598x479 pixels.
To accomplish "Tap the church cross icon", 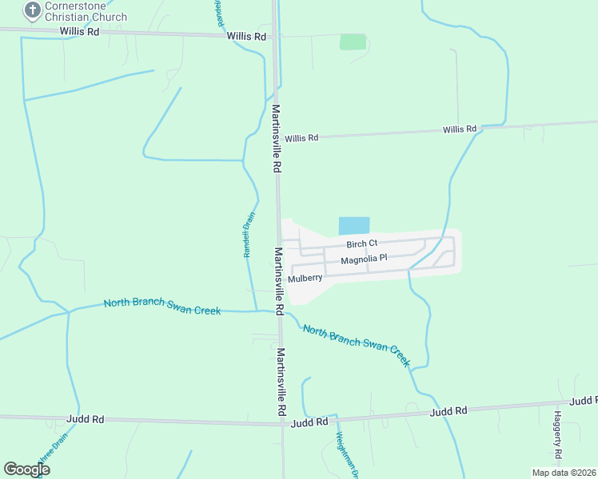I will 32,10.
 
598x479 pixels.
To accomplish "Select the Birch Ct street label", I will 361,243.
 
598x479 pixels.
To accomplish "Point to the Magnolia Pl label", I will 364,259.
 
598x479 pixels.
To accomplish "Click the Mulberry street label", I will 305,279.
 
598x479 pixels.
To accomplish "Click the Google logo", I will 26,470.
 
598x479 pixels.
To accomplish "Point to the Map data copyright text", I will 564,473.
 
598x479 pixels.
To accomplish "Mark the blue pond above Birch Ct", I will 354,226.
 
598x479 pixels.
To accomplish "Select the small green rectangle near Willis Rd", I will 352,42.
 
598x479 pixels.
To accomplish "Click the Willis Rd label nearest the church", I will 79,32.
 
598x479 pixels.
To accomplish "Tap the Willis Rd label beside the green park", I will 246,37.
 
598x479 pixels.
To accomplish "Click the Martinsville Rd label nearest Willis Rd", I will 277,139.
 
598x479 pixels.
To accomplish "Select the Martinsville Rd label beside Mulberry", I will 279,279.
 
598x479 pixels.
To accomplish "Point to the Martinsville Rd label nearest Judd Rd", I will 281,381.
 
